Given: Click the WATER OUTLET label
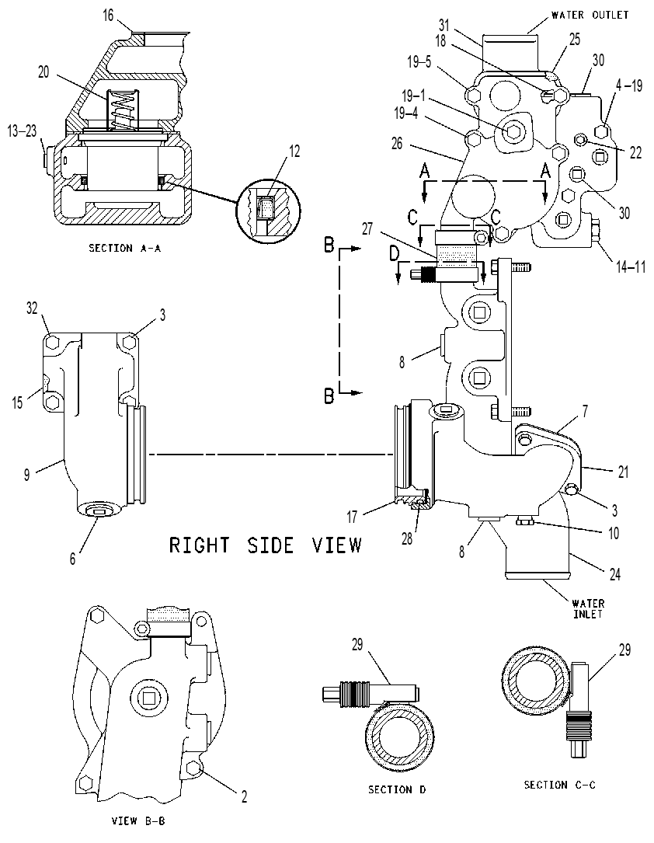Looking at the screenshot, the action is point(590,15).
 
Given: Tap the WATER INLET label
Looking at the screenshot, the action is point(588,608).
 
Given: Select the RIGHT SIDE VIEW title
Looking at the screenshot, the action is point(266,545).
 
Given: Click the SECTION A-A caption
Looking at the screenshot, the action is point(125,248).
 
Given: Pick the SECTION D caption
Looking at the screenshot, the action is point(397,789).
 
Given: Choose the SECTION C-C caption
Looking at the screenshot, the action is point(559,785).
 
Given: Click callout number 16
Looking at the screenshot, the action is point(108,15).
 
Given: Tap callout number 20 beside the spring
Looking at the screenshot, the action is point(43,71).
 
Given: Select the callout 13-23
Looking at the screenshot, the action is point(22,131).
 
